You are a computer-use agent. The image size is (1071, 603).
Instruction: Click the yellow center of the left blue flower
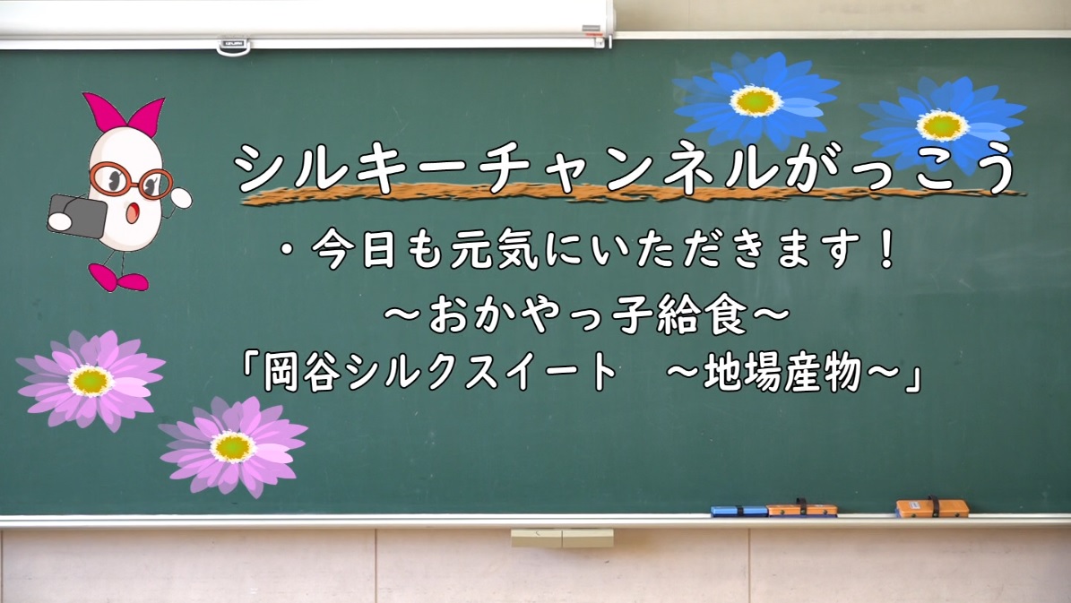click(x=756, y=100)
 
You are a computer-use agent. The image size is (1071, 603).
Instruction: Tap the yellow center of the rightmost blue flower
click(x=942, y=125)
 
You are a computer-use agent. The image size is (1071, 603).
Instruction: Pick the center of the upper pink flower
click(x=91, y=381)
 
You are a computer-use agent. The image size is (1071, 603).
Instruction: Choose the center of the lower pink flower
click(x=233, y=446)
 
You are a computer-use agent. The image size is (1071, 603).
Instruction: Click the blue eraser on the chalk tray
click(x=739, y=511)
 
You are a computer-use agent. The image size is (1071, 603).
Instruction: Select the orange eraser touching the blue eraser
click(x=802, y=509)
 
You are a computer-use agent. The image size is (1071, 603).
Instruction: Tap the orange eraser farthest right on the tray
click(x=932, y=508)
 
